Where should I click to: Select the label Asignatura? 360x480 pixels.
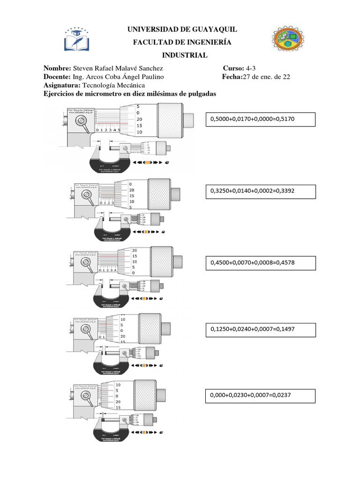62,85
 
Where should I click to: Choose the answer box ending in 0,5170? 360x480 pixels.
260,120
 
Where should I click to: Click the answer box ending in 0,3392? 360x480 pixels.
260,191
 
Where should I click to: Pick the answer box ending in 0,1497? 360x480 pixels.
260,330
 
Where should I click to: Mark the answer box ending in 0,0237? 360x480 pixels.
260,395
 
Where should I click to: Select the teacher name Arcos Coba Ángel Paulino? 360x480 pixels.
119,77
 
